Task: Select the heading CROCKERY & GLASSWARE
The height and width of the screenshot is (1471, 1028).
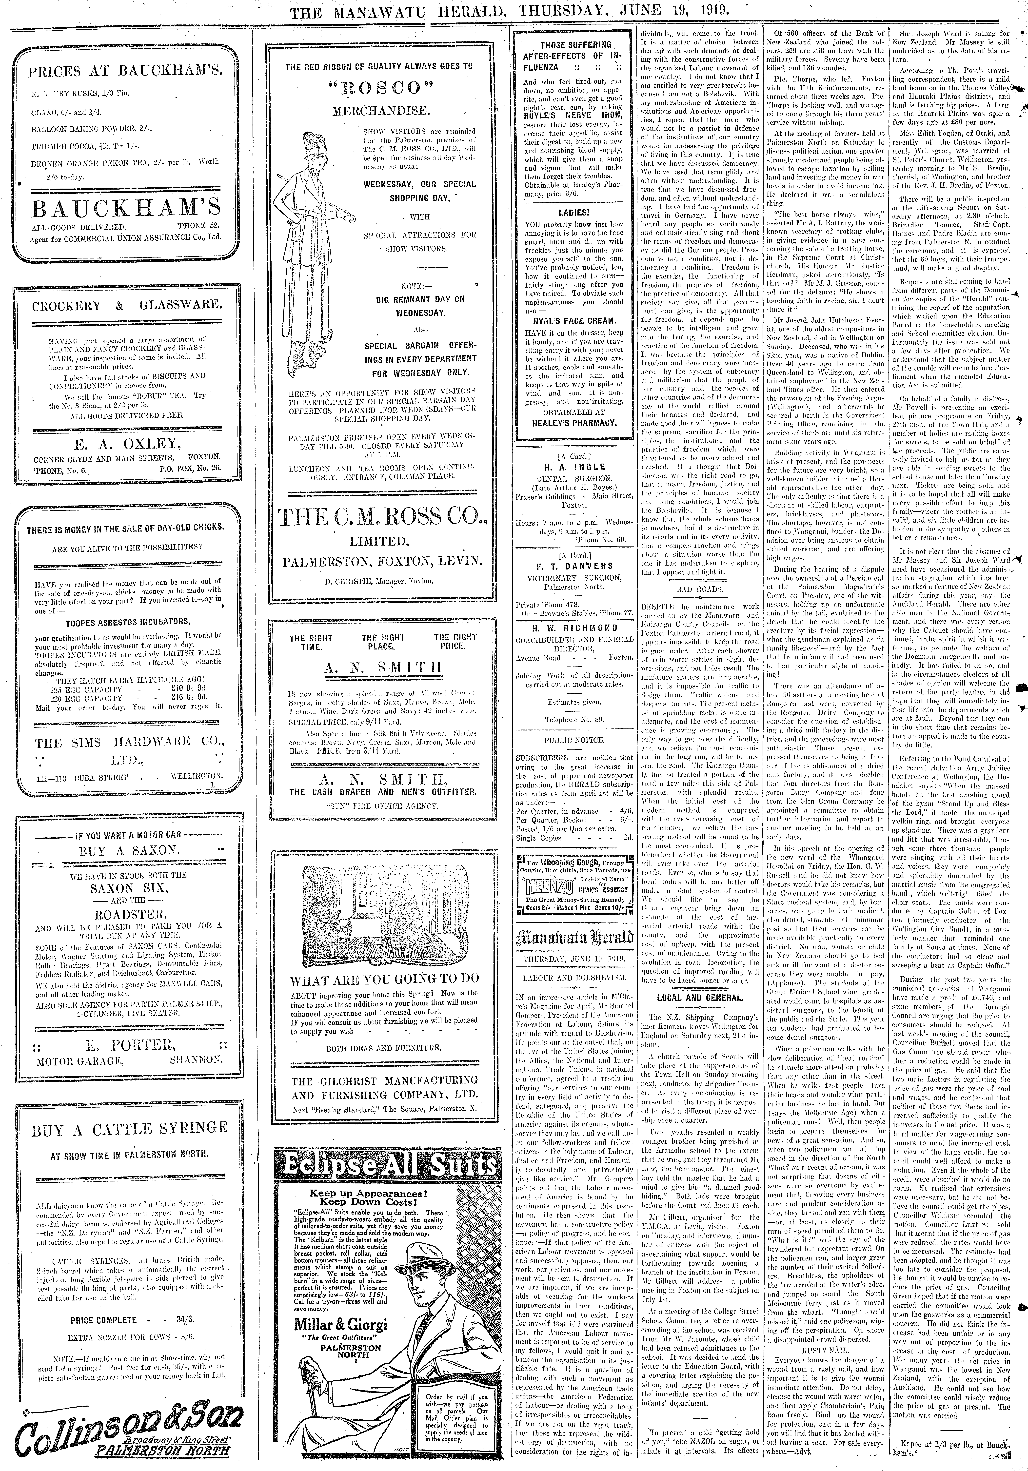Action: coord(127,305)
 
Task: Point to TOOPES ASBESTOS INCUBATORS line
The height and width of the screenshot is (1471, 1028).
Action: coord(127,621)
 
